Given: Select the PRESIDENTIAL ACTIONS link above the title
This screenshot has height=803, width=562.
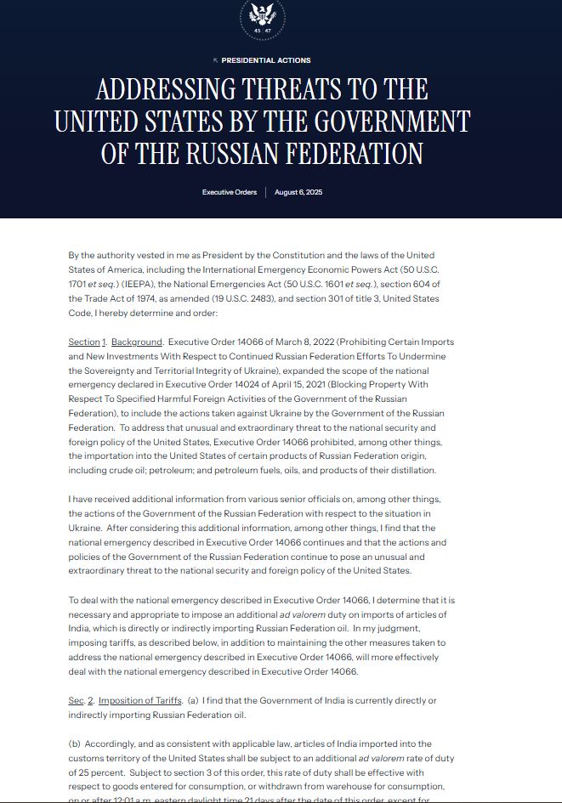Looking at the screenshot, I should (265, 60).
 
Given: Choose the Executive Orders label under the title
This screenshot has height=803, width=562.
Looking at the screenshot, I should (230, 193).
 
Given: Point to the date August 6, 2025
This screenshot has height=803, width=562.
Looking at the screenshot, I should (298, 193).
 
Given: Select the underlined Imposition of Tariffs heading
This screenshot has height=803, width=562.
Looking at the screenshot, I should (140, 700).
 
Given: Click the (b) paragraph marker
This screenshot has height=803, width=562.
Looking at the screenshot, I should (75, 744).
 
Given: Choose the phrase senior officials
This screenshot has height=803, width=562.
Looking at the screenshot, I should (290, 499).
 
